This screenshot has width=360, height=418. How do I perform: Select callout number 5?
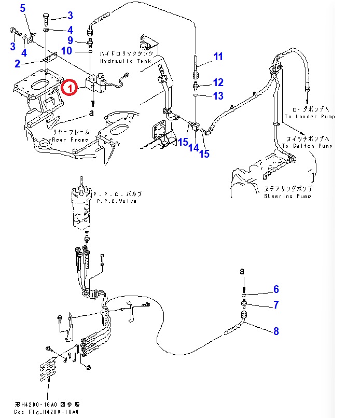click(x=22, y=8)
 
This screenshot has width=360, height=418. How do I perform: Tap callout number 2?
click(x=17, y=64)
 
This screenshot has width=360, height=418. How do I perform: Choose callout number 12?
click(x=218, y=82)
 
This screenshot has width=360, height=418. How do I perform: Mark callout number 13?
click(x=218, y=95)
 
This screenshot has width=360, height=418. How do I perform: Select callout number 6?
click(x=276, y=289)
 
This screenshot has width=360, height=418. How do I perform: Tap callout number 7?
click(x=276, y=305)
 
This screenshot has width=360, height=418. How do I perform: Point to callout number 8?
click(x=276, y=331)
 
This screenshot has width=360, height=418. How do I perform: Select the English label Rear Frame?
click(x=69, y=140)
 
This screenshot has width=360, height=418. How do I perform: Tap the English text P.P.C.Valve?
click(x=115, y=201)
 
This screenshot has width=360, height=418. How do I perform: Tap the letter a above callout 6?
click(x=242, y=271)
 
